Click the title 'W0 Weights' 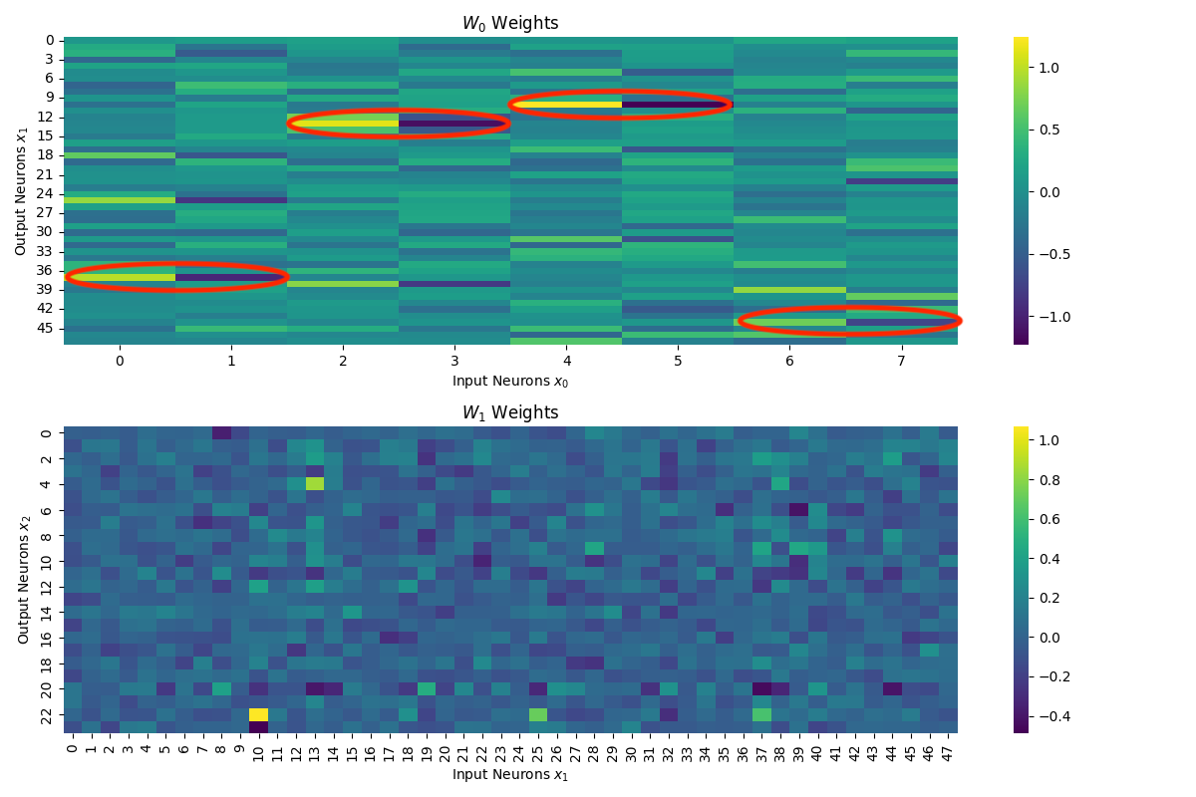point(509,23)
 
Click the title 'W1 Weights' point(509,412)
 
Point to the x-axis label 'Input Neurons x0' point(509,381)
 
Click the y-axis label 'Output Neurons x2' point(24,580)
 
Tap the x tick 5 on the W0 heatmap point(678,359)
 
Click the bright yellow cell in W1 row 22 point(258,714)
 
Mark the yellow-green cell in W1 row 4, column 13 point(315,484)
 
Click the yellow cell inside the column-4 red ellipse point(566,104)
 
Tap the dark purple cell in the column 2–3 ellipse point(454,124)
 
